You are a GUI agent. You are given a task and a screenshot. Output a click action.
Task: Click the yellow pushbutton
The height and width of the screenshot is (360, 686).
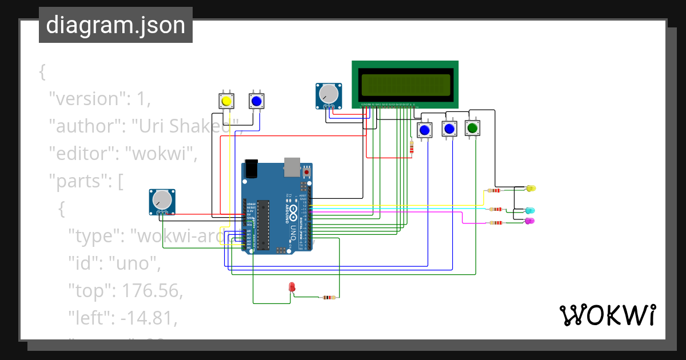click(226, 101)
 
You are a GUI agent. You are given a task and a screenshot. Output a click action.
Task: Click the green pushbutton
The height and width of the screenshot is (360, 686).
click(472, 128)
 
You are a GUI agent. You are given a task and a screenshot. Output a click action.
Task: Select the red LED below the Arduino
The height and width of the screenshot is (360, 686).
click(292, 286)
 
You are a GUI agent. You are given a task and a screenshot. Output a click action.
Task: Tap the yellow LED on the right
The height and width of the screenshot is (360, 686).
click(531, 188)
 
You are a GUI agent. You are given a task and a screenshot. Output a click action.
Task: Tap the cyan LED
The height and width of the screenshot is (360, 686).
click(530, 211)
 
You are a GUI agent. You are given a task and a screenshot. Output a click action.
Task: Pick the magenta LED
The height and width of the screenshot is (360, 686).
click(529, 221)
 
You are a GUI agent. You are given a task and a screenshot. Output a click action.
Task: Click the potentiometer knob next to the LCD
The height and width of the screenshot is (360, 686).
click(328, 94)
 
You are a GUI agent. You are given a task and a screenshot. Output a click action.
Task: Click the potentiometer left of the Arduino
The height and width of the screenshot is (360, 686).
click(162, 200)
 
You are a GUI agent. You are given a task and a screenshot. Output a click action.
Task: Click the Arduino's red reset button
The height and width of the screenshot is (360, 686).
click(307, 171)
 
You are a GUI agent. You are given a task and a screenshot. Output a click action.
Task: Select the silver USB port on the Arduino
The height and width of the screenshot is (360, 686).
click(292, 166)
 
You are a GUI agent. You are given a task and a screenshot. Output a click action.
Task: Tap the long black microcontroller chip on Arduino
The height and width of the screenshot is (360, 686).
click(263, 225)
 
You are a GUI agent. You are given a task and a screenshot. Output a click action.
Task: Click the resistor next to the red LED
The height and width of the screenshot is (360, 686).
click(328, 297)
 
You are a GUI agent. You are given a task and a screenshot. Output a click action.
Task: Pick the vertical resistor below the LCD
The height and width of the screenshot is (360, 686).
click(412, 147)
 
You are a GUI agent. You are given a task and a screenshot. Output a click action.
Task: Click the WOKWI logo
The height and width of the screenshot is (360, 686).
click(607, 315)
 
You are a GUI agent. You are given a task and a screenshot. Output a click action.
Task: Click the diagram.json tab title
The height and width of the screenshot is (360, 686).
click(115, 26)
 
